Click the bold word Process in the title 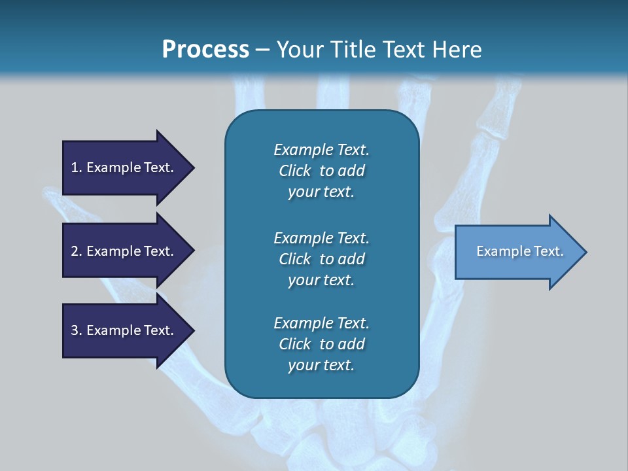[205, 50]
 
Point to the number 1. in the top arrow [77, 167]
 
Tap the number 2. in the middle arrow [77, 251]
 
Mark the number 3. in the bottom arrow [77, 330]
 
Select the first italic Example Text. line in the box [321, 150]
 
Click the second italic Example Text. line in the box [321, 238]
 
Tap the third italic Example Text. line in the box [321, 323]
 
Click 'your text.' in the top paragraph [321, 192]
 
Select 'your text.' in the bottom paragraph [321, 366]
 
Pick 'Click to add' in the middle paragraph [321, 259]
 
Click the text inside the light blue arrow [519, 251]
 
